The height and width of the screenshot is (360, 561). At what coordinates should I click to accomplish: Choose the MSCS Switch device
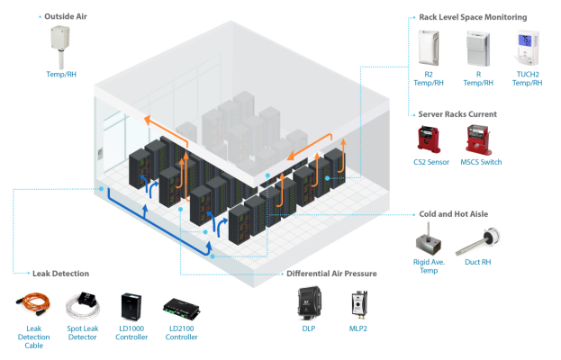tap(476, 140)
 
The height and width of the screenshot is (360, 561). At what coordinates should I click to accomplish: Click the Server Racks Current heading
tap(458, 114)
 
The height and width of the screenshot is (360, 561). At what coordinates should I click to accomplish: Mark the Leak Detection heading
tap(59, 272)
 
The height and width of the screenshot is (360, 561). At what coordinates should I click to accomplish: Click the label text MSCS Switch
tap(477, 162)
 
